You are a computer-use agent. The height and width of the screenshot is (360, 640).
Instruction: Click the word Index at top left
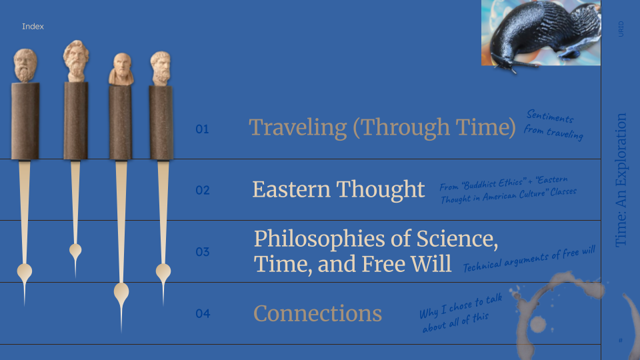tap(33, 27)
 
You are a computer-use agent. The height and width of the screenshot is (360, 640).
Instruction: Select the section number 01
tap(202, 129)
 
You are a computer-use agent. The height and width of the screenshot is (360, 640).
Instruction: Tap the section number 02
tap(203, 190)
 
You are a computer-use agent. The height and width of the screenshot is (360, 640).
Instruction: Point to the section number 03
tap(203, 252)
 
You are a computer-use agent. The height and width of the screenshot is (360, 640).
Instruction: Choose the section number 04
tap(203, 313)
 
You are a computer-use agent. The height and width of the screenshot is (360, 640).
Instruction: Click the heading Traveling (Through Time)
tap(383, 127)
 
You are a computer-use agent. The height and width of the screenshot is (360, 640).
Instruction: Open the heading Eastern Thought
tap(339, 189)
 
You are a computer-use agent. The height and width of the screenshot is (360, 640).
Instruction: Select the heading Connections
tap(317, 313)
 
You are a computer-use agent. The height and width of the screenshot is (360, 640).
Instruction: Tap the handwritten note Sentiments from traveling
tap(553, 125)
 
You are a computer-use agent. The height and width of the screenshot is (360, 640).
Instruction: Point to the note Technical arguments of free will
tap(529, 259)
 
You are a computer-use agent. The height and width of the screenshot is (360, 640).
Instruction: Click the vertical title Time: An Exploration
tap(621, 180)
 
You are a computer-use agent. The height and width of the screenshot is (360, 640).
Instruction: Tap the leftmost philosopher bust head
tap(25, 66)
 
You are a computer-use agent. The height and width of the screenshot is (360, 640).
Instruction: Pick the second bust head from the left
tap(76, 61)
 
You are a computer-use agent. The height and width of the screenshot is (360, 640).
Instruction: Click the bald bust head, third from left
tap(121, 69)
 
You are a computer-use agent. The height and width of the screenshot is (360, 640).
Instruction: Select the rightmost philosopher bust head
tap(161, 69)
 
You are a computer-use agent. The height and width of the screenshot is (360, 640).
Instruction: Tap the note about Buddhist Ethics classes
tap(508, 189)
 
